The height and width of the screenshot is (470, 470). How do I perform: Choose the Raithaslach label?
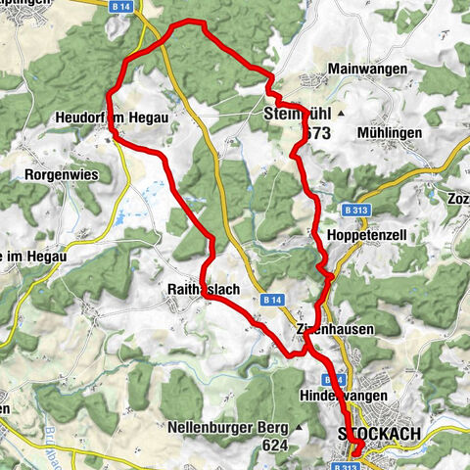tap(206, 291)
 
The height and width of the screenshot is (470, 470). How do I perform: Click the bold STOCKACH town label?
tap(378, 433)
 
